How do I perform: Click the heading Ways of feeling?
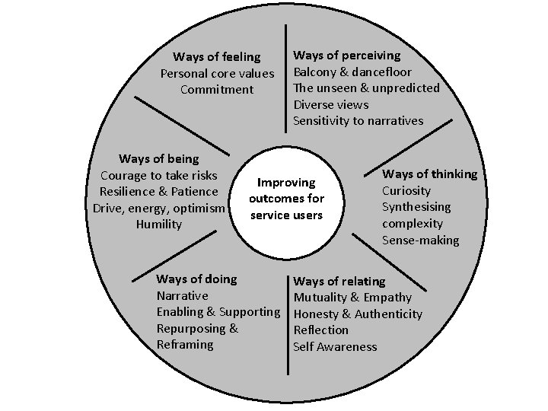(x=216, y=57)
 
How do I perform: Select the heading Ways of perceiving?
(x=347, y=56)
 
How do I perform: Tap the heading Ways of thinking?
(x=429, y=174)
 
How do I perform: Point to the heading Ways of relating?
(x=339, y=282)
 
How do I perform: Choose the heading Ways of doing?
(x=196, y=279)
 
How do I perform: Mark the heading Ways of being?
(x=159, y=159)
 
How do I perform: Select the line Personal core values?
(x=217, y=74)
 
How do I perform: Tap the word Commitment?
(x=217, y=90)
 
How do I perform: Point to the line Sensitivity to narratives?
(x=358, y=121)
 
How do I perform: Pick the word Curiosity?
(x=406, y=191)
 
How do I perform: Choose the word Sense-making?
(x=420, y=241)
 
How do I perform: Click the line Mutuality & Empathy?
(x=352, y=298)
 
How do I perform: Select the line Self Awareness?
(x=335, y=347)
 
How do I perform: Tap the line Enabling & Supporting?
(x=218, y=312)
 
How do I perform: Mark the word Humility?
(x=159, y=225)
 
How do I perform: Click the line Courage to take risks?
(x=159, y=176)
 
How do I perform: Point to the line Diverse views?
(x=331, y=104)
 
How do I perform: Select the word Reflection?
(x=321, y=330)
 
